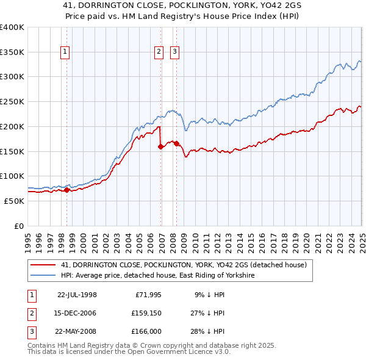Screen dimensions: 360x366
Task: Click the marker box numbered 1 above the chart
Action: [65, 52]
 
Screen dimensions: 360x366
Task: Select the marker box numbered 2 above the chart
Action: [158, 52]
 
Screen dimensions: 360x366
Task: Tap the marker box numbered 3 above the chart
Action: [174, 52]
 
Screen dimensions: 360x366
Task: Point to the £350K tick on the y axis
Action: [12, 52]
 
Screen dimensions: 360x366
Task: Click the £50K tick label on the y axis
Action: [15, 201]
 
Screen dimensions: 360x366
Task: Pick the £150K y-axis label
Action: [12, 151]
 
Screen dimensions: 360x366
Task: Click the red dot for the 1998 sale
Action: [66, 190]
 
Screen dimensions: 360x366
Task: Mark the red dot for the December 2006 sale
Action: [160, 146]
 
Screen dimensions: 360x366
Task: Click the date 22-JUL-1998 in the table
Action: [77, 294]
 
